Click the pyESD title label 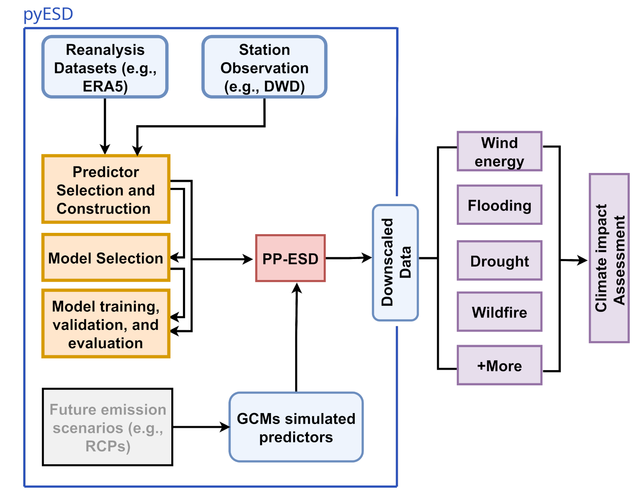pos(48,14)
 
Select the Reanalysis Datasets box pos(105,67)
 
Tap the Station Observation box pos(264,67)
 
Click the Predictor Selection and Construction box pos(106,189)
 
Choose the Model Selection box pos(106,258)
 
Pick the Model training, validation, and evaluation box pos(106,323)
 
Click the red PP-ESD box pos(290,258)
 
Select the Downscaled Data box pos(396,262)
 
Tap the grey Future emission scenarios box pos(108,427)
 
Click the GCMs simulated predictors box pos(296,427)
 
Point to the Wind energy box pos(499,152)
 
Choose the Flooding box pos(499,205)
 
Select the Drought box pos(499,261)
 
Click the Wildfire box pos(499,312)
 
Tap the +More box pos(499,365)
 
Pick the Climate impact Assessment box pos(609,258)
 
